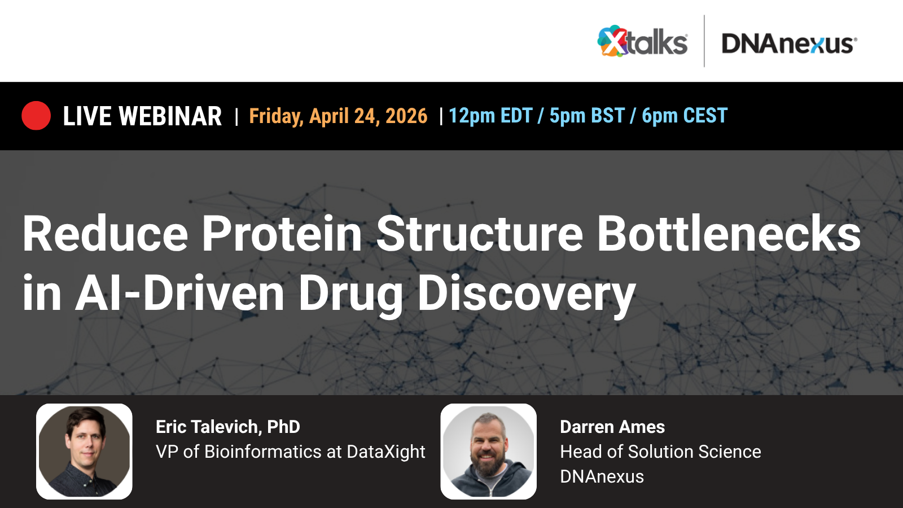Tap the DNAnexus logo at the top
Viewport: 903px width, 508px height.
tap(789, 43)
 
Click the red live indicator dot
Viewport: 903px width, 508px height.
tap(36, 116)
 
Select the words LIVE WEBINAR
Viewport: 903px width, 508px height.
tap(142, 116)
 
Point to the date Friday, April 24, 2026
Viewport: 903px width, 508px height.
tap(338, 116)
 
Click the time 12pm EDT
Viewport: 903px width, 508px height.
tap(490, 116)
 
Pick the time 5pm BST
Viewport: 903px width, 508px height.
tap(587, 116)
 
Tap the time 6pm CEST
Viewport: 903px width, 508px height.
tap(685, 116)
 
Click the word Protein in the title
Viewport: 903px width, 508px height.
tap(282, 234)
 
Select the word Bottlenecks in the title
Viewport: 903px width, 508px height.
tap(729, 234)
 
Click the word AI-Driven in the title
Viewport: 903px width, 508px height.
tap(179, 293)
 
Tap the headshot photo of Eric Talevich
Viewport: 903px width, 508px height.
tap(84, 451)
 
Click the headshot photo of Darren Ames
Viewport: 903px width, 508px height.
tap(489, 451)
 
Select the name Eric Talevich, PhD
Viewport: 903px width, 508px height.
tap(228, 427)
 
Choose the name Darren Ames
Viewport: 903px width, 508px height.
tap(612, 427)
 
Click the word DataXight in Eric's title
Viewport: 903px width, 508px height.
tap(386, 452)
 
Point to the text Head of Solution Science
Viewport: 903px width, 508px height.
tap(660, 452)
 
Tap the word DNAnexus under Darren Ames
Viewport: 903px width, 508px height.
tap(602, 476)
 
